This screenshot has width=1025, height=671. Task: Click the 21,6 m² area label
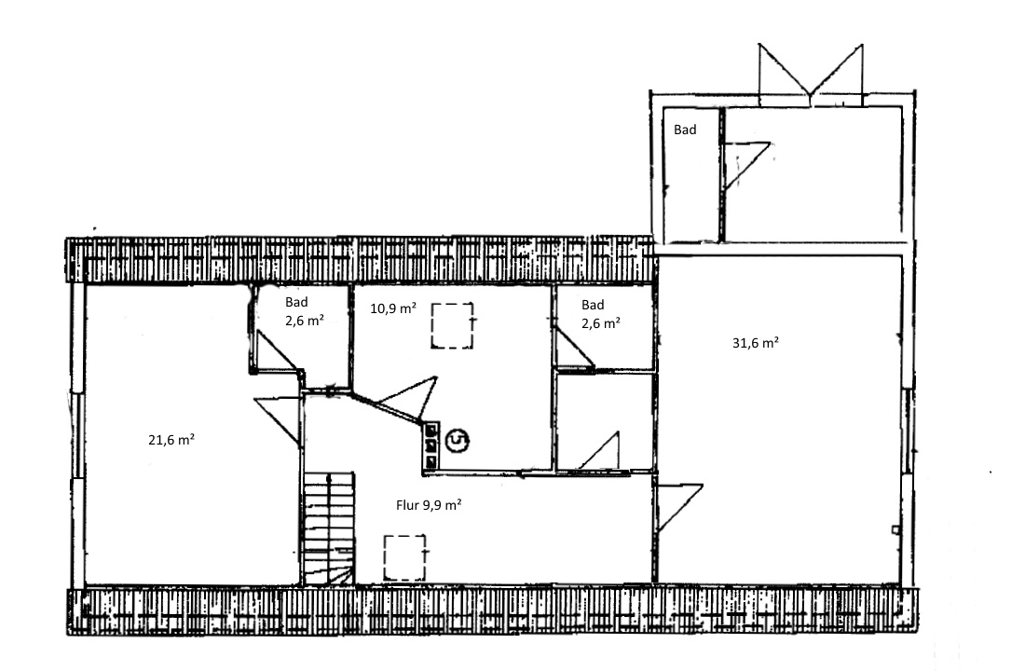tap(171, 440)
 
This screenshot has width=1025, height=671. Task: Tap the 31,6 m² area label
tap(755, 343)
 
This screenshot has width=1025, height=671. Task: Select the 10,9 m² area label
tap(393, 308)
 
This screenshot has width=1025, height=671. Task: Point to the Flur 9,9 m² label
tap(429, 505)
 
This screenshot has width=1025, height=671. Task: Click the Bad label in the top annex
tap(685, 130)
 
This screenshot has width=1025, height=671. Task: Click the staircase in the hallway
tap(328, 528)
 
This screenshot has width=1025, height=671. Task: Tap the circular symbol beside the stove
tap(457, 441)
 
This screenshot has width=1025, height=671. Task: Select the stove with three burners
tap(431, 445)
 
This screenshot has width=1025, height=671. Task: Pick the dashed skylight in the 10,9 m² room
tap(452, 325)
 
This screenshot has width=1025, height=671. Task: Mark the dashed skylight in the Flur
tap(404, 557)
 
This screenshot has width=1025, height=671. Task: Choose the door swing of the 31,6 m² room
tap(680, 508)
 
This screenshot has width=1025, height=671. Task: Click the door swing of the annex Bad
tap(746, 166)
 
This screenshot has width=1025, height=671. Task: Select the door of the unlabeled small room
tap(598, 451)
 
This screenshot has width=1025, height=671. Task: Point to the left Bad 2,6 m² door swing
tap(275, 352)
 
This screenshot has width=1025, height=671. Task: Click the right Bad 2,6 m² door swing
tap(574, 348)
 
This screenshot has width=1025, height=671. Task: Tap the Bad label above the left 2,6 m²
tap(296, 302)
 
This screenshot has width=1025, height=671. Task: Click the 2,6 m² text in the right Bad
tap(601, 322)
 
